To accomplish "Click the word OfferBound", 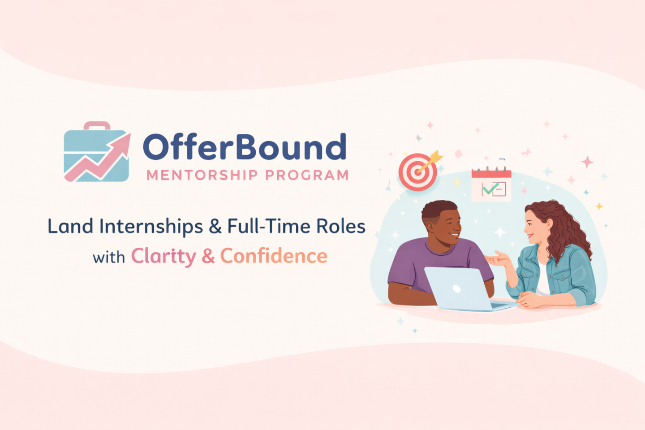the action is point(245,146).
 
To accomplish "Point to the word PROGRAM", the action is point(307,175).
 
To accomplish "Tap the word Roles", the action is point(341,226).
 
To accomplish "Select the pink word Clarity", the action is point(163,256).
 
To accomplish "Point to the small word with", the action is point(109,257).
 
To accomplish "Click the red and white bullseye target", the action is point(417,172).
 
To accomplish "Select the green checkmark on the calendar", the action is point(490,189).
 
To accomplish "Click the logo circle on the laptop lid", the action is point(457,288).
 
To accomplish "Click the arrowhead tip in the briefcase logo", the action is point(130,133).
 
